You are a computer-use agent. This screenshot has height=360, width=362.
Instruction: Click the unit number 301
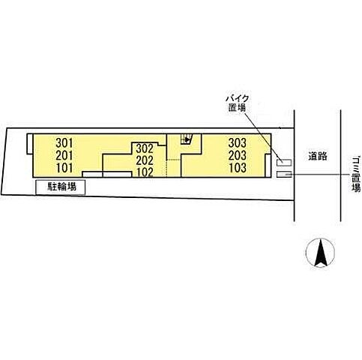coord(64,143)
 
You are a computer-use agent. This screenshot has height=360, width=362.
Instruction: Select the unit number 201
coord(64,155)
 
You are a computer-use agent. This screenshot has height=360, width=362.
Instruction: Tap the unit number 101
coord(64,168)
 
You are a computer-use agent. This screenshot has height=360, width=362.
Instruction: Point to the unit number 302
coord(145,149)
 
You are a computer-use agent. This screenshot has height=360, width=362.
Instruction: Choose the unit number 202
coord(145,160)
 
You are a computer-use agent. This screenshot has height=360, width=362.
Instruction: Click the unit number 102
coord(145,172)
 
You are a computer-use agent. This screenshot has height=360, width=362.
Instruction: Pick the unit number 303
coord(238,143)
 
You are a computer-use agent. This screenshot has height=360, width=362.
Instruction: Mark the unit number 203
coord(238,155)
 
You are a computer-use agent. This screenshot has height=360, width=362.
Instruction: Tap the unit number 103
coord(238,168)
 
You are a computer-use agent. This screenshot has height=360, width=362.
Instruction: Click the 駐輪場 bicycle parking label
coord(62,187)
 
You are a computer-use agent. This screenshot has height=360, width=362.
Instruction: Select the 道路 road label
coord(318,157)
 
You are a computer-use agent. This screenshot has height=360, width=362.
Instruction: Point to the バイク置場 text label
coord(237,103)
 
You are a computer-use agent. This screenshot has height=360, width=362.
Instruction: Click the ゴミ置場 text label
coord(356,175)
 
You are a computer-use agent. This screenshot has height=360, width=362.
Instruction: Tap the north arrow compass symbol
coord(321,253)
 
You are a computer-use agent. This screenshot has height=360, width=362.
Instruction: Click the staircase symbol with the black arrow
coord(187,139)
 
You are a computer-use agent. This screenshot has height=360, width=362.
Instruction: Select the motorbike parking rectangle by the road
coord(284,163)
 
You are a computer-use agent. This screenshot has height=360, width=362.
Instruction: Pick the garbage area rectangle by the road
coord(284,175)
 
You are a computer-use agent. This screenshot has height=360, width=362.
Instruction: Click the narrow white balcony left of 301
coord(30,144)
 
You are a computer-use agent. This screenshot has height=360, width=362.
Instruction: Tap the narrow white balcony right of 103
coord(268,166)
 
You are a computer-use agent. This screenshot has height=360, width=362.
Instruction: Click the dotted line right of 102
coord(166,168)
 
